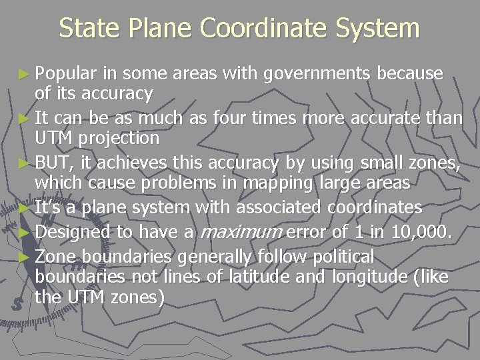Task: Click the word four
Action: (x=232, y=119)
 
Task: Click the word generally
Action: (x=211, y=257)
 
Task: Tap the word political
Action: (x=341, y=257)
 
